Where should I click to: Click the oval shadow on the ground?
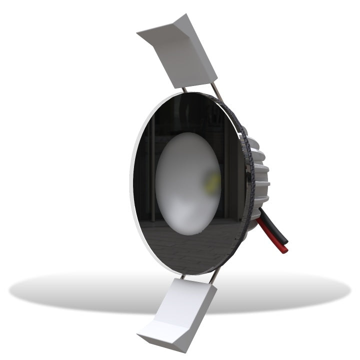pyautogui.click(x=75, y=292)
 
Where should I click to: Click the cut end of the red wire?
pyautogui.click(x=285, y=249)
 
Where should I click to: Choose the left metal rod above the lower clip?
pyautogui.click(x=183, y=275)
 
